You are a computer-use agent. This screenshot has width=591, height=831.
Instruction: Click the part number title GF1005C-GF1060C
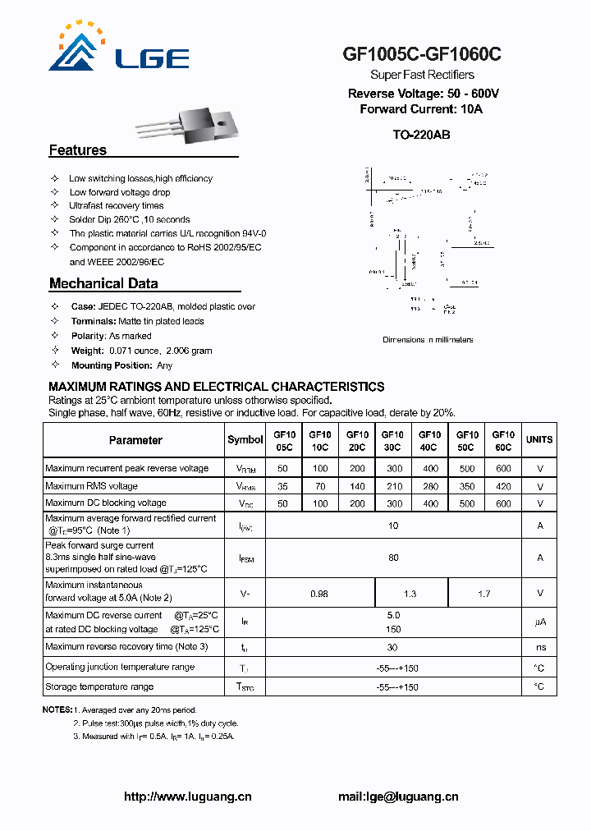(x=422, y=55)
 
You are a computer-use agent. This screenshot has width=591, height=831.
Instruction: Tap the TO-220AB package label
(x=421, y=135)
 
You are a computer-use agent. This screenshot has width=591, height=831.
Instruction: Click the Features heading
(x=78, y=150)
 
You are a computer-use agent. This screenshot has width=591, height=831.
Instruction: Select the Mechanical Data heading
(x=103, y=284)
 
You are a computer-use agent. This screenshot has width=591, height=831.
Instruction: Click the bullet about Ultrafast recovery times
(x=116, y=205)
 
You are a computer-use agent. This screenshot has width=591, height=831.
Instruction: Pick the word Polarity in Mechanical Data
(x=89, y=336)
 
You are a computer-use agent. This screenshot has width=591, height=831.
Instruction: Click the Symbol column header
(x=245, y=440)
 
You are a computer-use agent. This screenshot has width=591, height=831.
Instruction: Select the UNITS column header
(x=539, y=440)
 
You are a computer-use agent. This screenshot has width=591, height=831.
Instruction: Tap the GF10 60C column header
(x=502, y=441)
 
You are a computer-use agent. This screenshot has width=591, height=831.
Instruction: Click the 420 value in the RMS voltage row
(x=502, y=486)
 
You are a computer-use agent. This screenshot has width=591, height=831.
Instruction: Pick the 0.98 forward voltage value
(x=319, y=593)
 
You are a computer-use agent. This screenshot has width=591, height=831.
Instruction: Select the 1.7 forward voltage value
(x=484, y=593)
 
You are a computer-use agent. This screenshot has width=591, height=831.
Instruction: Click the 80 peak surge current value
(x=393, y=558)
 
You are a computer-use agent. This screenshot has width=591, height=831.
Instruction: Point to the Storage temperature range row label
(x=99, y=686)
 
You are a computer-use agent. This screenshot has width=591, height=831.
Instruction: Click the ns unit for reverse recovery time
(x=539, y=648)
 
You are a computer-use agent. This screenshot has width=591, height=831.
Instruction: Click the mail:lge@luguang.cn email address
(x=398, y=797)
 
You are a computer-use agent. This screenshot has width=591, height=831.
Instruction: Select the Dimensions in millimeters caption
(x=428, y=340)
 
